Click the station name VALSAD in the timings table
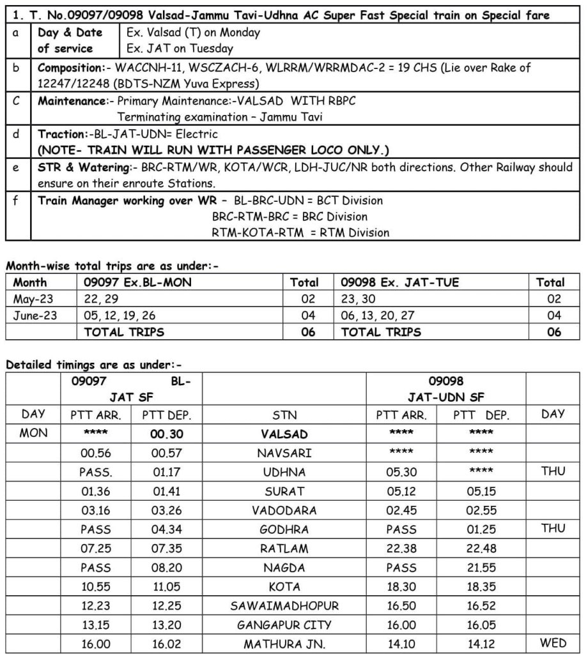coord(284,434)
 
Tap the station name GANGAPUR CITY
coord(284,625)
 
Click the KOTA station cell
coord(284,586)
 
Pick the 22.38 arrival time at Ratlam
coord(401,549)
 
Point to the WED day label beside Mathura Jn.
coord(553,644)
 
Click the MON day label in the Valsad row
coord(34,433)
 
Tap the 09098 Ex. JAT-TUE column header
coord(399,282)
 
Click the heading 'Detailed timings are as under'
coord(94,365)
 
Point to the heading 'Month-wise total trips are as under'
coord(112,266)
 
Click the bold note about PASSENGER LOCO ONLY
coord(213,150)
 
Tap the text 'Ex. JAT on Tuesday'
coord(180,49)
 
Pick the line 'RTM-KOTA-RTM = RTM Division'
coord(300,232)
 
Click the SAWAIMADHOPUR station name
coord(284,605)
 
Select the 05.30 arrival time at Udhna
coord(401,472)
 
